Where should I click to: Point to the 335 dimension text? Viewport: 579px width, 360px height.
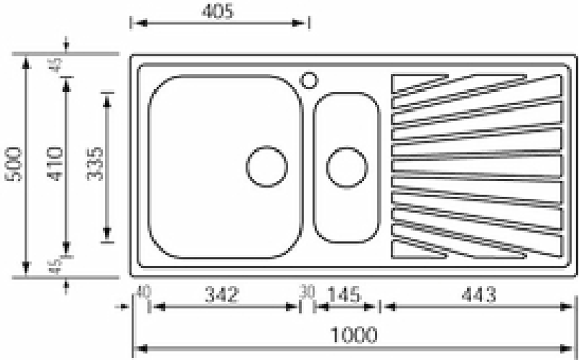pos(95,165)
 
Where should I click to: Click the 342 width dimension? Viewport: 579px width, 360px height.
pos(221,295)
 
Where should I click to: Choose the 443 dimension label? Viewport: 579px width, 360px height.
pos(479,295)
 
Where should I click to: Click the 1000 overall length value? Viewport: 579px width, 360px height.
pos(355,335)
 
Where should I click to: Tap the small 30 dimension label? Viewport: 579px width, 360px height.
pos(307,293)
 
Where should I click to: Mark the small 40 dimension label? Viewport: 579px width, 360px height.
pos(142,293)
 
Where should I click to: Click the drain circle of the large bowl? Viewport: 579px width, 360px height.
pos(266,167)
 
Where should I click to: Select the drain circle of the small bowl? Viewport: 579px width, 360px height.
pos(345,167)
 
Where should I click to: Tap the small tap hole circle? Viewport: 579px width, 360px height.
pos(309,78)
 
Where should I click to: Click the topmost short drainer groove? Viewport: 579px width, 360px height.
pos(420,84)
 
